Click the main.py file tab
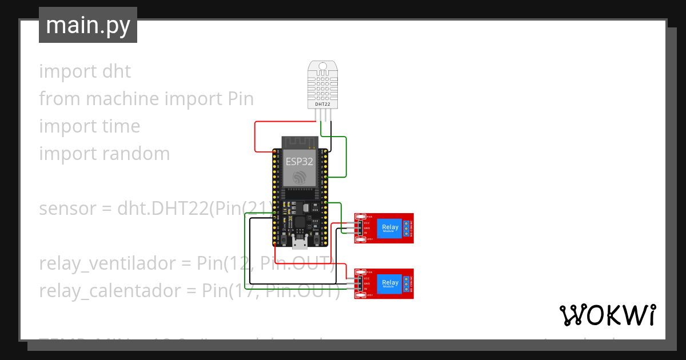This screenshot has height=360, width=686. pyautogui.click(x=87, y=25)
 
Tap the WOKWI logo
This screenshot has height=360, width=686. pyautogui.click(x=607, y=315)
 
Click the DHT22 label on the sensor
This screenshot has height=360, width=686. pyautogui.click(x=322, y=105)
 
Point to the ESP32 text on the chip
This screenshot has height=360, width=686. pyautogui.click(x=300, y=161)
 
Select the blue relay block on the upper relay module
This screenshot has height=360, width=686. pyautogui.click(x=390, y=227)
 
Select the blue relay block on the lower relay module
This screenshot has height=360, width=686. pyautogui.click(x=390, y=283)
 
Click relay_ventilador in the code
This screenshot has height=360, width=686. pyautogui.click(x=107, y=263)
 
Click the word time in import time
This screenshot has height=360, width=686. pyautogui.click(x=120, y=126)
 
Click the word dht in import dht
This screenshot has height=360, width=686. pyautogui.click(x=117, y=71)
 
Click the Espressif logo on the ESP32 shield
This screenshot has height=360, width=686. pyautogui.click(x=300, y=178)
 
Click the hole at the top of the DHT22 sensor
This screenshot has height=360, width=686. pyautogui.click(x=322, y=66)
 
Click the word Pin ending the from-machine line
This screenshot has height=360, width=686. pyautogui.click(x=240, y=99)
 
